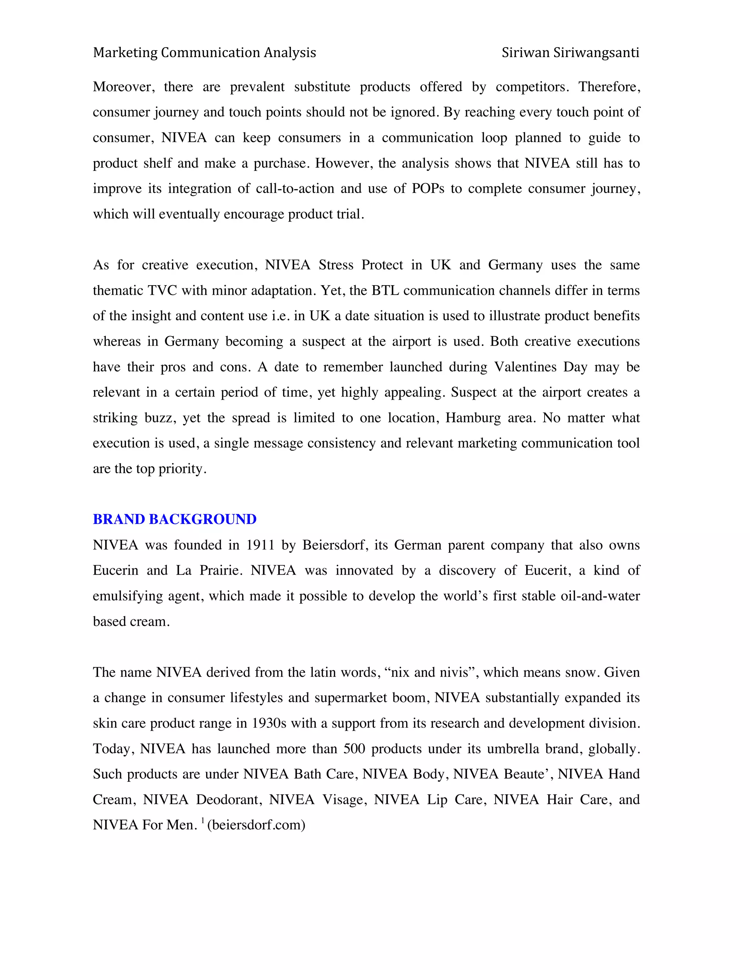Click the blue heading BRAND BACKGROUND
(175, 519)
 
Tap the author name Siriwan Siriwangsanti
(570, 53)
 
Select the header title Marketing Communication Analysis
(204, 53)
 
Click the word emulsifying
(128, 596)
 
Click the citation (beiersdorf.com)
(256, 825)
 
